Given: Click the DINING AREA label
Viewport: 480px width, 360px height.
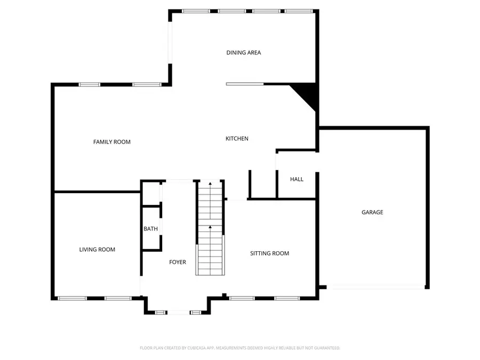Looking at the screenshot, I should [243, 53].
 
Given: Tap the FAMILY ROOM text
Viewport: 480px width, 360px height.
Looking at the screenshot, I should [111, 142].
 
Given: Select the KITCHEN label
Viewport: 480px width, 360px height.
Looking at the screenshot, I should [237, 139].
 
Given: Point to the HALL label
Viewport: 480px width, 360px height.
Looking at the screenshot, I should [297, 179].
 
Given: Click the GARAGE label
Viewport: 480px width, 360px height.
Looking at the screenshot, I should [372, 212].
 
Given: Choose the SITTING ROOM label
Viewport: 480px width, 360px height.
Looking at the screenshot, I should [269, 253].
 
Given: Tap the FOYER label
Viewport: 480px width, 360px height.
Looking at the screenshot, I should [178, 262].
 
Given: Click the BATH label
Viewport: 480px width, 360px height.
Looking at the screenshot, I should [150, 229].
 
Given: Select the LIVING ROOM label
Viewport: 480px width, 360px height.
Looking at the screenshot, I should [97, 250].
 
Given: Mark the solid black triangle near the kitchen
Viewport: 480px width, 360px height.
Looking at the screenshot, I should [308, 95].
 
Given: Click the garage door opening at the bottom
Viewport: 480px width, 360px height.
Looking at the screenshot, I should [375, 287].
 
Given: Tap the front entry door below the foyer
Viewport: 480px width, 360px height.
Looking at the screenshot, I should [178, 312].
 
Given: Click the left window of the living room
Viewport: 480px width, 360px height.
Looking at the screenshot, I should [72, 298].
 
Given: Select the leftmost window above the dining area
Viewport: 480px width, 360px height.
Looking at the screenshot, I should [196, 11].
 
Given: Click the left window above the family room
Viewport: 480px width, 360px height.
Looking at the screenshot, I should [89, 84].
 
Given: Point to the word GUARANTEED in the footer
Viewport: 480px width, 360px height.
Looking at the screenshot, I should [325, 348].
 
